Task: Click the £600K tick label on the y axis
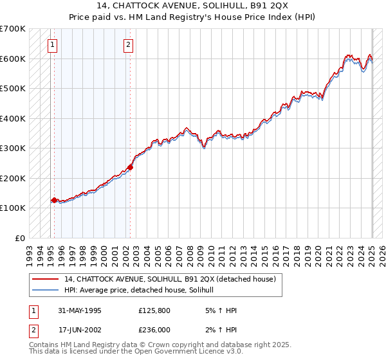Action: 13,59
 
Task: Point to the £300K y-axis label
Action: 13,148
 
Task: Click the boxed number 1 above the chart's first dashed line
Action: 52,44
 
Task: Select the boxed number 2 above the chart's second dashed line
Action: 129,44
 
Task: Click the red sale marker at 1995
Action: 54,200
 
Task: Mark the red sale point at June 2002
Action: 130,167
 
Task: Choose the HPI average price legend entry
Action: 143,291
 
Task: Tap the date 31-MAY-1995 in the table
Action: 80,310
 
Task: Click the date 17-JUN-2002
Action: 80,329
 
